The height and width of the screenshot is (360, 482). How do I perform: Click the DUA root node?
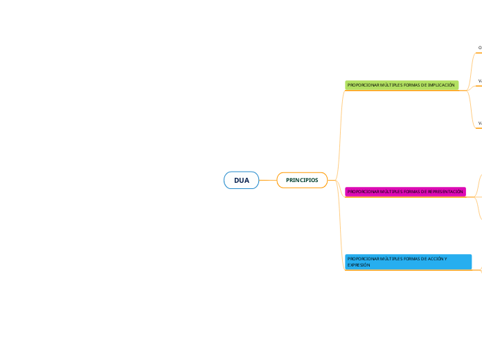[x=241, y=180]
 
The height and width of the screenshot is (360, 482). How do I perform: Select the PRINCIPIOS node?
[x=302, y=180]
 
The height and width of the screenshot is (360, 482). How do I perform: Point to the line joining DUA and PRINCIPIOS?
[x=267, y=180]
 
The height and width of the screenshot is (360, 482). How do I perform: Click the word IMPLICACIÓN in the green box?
[x=441, y=85]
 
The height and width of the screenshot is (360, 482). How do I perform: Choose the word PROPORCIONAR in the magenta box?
[x=360, y=191]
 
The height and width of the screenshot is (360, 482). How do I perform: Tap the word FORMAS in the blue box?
[x=407, y=258]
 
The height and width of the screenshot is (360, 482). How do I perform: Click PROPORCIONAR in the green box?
[x=360, y=85]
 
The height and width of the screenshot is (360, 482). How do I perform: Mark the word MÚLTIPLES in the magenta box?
[x=386, y=191]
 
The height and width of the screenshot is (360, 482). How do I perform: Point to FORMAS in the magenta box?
[x=407, y=191]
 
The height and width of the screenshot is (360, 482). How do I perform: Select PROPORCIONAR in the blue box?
[x=360, y=258]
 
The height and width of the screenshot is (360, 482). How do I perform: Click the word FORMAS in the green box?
[x=407, y=85]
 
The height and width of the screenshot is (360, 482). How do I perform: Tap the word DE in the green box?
[x=422, y=85]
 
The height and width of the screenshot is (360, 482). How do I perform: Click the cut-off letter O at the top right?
[x=480, y=48]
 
